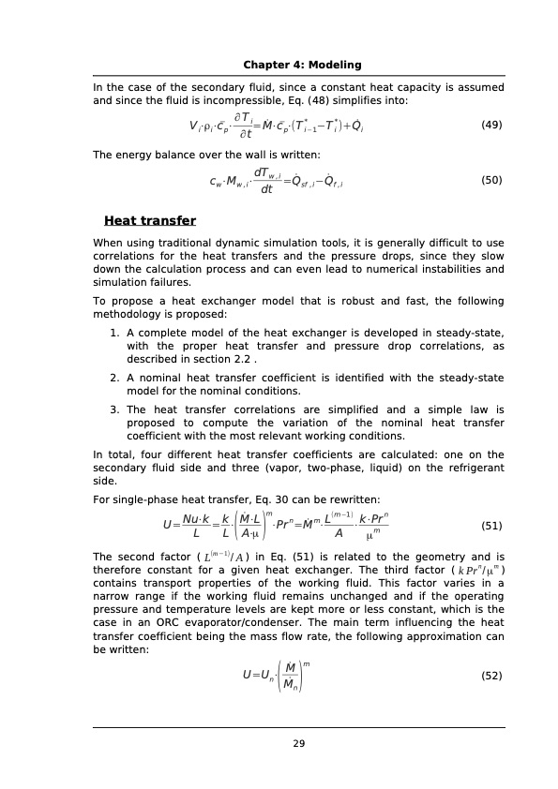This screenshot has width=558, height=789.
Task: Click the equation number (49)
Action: click(x=491, y=125)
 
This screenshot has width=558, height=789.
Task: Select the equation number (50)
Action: click(x=491, y=180)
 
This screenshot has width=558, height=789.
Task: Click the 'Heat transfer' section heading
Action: click(x=150, y=221)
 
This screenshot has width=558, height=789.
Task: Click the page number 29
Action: click(x=299, y=744)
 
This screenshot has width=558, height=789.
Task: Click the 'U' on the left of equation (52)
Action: click(x=246, y=675)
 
